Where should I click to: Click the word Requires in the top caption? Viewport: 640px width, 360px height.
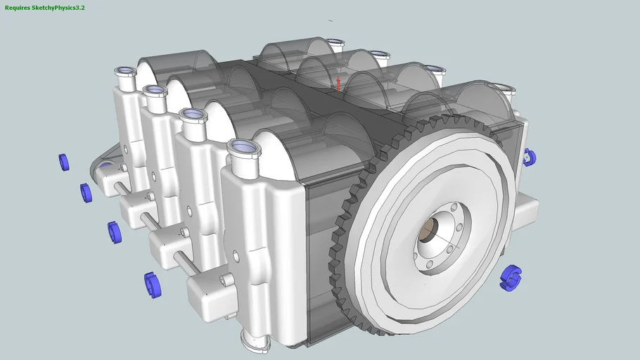(x=17, y=7)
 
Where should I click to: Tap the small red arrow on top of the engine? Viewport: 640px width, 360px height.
(x=338, y=83)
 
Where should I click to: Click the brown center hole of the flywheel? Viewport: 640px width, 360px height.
(x=428, y=229)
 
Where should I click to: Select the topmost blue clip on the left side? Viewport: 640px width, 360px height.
(x=64, y=162)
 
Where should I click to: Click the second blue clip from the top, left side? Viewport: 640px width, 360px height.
(x=86, y=192)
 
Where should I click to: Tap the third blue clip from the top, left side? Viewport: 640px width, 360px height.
(x=114, y=231)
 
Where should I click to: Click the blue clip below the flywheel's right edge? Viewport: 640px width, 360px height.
(x=510, y=277)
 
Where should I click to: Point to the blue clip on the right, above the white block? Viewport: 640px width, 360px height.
(x=530, y=158)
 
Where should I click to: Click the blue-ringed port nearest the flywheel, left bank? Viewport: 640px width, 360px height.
(x=243, y=148)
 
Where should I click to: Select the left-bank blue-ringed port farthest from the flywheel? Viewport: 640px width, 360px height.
(x=126, y=72)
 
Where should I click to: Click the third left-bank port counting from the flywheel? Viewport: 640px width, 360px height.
(x=155, y=91)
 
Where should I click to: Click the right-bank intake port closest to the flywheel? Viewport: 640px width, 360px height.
(x=504, y=89)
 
